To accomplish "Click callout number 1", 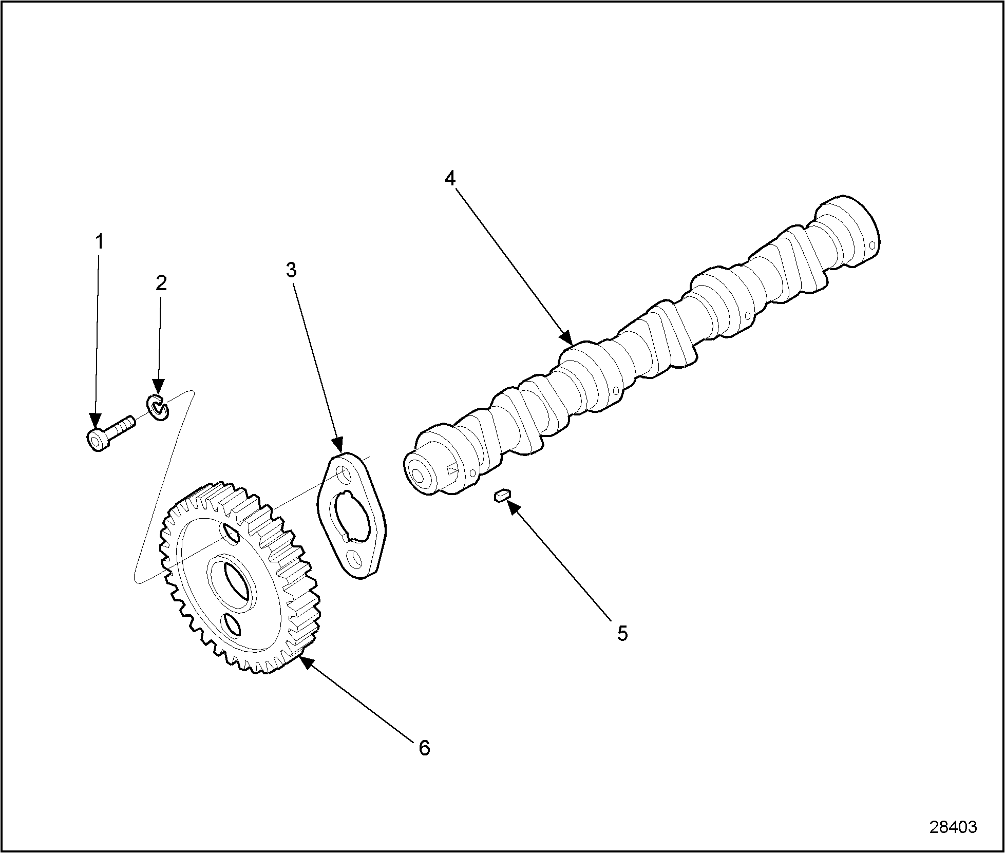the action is pyautogui.click(x=100, y=241).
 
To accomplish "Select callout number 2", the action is pyautogui.click(x=161, y=283).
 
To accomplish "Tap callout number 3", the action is pyautogui.click(x=291, y=270).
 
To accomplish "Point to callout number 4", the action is pyautogui.click(x=450, y=179).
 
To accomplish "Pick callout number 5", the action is pyautogui.click(x=622, y=634).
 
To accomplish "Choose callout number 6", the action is pyautogui.click(x=424, y=748).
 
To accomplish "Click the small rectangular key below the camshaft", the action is pyautogui.click(x=501, y=496).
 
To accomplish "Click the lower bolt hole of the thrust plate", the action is pyautogui.click(x=353, y=557).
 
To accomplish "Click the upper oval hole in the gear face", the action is pyautogui.click(x=231, y=534).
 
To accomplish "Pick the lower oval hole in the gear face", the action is pyautogui.click(x=233, y=626).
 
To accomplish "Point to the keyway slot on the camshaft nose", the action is pyautogui.click(x=453, y=470).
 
